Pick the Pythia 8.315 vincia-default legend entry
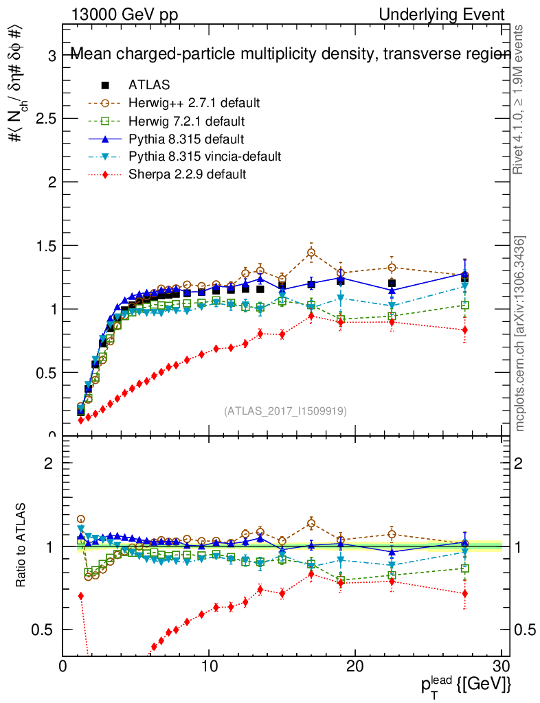pos(204,157)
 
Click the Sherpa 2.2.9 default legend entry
pos(187,174)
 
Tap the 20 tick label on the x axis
pos(355,667)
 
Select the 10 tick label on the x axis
pos(209,667)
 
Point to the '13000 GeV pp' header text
pos(124,14)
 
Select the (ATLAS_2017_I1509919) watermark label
pos(285,411)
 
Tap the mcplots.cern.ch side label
pos(520,334)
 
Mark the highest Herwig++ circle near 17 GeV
pos(311,253)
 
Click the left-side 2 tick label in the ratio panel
pos(48,463)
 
